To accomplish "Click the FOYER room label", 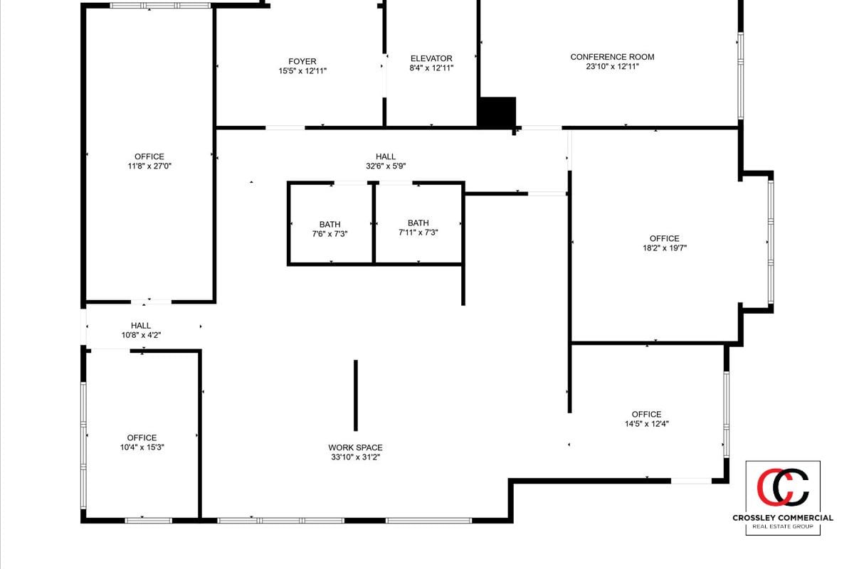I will pos(302,62).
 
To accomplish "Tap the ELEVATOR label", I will pos(431,58).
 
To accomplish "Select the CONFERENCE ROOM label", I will pos(612,57).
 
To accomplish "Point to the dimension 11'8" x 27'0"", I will pos(149,166).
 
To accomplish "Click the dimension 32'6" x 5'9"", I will pos(386,166).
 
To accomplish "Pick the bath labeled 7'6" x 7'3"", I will pos(330,233).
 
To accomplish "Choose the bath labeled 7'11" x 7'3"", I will pos(418,232).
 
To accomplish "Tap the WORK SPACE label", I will pos(355,447).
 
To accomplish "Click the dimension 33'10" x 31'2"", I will pos(355,457).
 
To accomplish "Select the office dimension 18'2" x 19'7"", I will pos(664,248).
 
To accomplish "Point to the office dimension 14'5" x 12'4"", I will pos(646,424).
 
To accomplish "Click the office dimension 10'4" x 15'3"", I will pos(142,447).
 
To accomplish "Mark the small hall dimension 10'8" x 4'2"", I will pos(141,335).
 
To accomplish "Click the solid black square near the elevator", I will pos(496,113).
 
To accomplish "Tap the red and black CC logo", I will pos(783,487).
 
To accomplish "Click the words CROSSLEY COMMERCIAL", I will pos(783,518).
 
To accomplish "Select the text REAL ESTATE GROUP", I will pos(783,527).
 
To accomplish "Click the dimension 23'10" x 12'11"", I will pos(612,67).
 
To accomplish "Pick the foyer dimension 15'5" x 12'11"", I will pos(302,71).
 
